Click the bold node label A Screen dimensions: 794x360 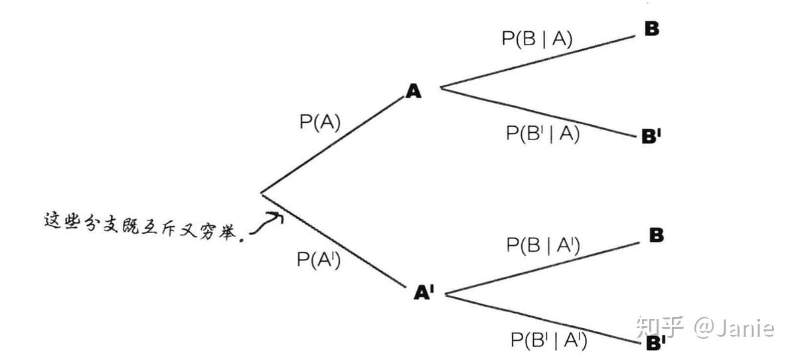(x=414, y=91)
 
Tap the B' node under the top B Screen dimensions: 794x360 (x=651, y=136)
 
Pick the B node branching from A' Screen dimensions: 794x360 (x=655, y=235)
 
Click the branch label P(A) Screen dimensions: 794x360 (x=319, y=123)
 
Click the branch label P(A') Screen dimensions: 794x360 (x=319, y=260)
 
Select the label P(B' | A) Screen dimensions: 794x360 (x=542, y=133)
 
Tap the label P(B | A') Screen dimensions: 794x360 (x=543, y=245)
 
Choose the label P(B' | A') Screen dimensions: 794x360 (x=548, y=340)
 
